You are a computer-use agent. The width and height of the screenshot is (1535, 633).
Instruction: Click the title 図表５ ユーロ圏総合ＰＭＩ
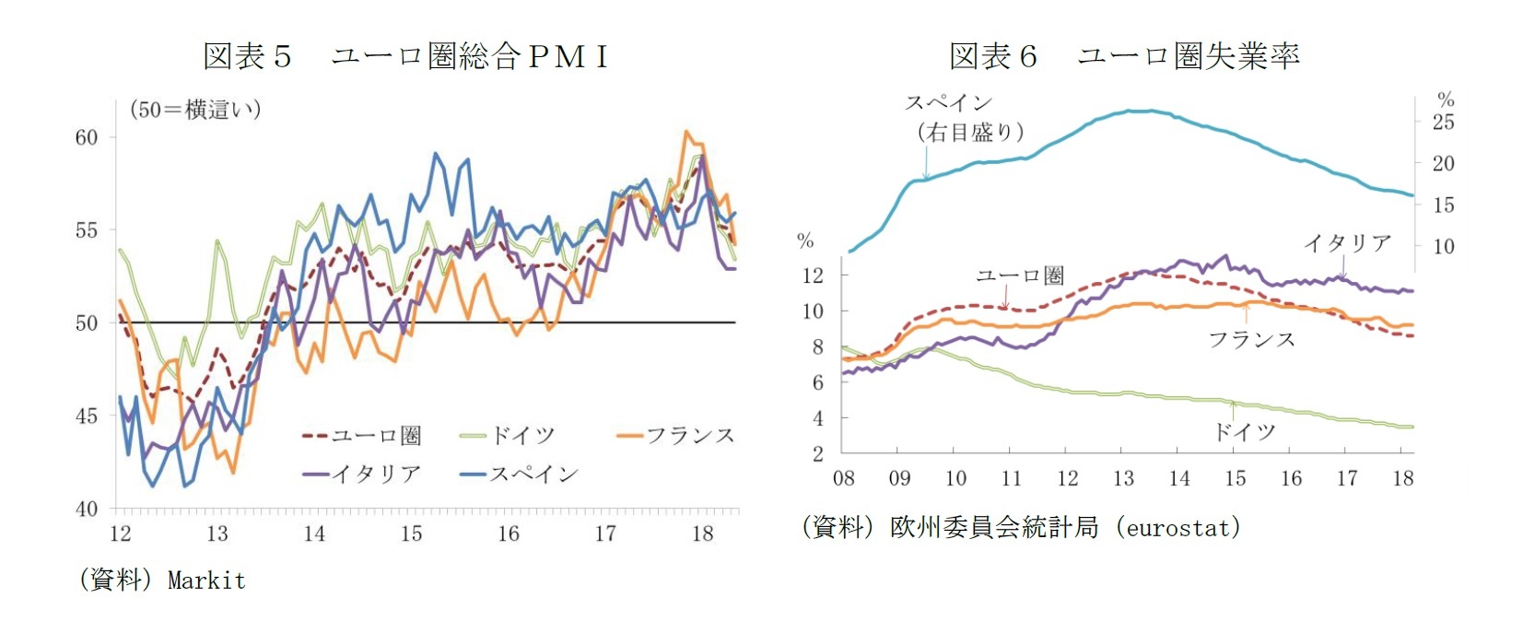point(405,56)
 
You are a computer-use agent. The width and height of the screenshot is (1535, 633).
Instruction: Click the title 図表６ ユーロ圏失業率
point(1124,56)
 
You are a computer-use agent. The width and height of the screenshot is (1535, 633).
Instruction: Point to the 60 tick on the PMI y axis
point(87,137)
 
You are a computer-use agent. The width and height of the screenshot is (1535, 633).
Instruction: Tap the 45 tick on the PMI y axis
point(87,416)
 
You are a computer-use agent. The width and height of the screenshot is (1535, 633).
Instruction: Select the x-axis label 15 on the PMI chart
point(411,533)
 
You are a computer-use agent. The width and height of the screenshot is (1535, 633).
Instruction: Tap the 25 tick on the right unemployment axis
point(1443,122)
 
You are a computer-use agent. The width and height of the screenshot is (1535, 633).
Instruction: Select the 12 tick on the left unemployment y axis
point(813,275)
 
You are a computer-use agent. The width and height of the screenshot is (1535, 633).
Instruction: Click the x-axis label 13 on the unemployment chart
point(1123,478)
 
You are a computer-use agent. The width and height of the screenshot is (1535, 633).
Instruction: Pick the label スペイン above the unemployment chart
point(948,102)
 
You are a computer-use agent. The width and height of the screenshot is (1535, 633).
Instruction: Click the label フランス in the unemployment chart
point(1251,340)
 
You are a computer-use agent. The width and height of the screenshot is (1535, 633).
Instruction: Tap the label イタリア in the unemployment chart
point(1347,242)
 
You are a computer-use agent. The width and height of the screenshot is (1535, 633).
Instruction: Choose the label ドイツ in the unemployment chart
point(1244,431)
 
